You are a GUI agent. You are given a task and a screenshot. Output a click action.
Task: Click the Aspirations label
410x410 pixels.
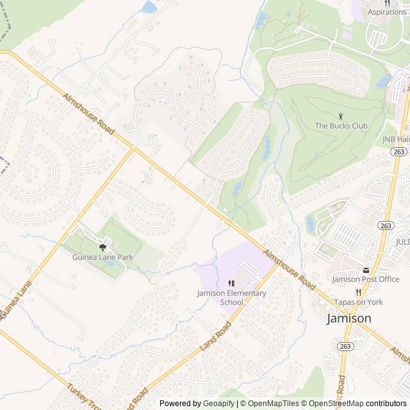coord(387,12)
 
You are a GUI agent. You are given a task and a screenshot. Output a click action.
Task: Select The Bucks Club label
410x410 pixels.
coord(341,126)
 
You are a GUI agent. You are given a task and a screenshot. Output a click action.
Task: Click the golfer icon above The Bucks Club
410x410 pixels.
coord(341,116)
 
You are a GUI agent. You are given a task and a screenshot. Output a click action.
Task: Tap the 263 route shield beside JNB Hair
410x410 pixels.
coord(399,152)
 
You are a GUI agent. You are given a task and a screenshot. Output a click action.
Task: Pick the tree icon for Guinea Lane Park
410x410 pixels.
coord(102,247)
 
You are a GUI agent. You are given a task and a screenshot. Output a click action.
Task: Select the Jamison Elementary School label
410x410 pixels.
coord(231,298)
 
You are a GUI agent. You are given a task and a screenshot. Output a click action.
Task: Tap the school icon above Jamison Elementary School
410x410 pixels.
coord(232,283)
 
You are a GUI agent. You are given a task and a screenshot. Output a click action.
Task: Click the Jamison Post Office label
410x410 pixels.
coord(365,279)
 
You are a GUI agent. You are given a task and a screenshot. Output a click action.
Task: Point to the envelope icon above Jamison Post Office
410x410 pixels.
coord(366,269)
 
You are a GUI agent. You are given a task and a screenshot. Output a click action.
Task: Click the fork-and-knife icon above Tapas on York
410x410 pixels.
coord(358,292)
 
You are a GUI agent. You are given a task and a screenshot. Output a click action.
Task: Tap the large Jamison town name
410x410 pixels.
coord(348,318)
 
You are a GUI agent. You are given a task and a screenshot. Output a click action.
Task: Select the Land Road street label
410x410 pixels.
coord(215,336)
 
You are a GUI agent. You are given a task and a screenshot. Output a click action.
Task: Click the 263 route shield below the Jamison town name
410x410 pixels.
coord(345,346)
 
